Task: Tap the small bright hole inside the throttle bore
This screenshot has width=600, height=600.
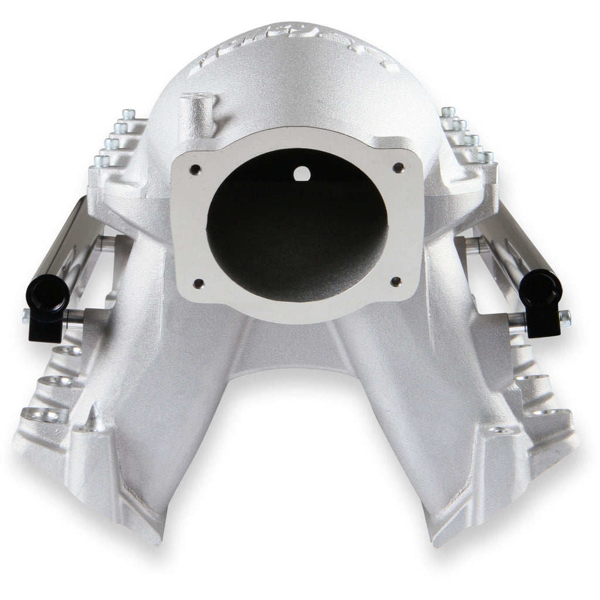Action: tap(301, 173)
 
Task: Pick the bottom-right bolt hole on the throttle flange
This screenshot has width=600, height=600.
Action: tap(396, 281)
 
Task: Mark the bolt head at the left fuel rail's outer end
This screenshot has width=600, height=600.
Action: tap(26, 316)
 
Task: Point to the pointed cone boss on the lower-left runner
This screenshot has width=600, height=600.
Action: tap(92, 417)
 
